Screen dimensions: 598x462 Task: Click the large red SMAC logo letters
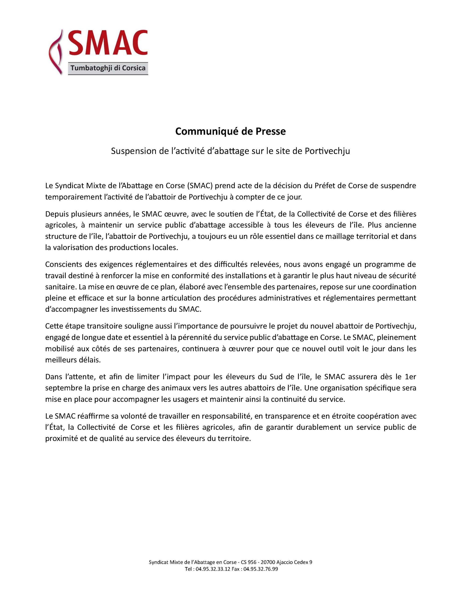(x=108, y=43)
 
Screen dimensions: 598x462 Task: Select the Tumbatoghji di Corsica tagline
(x=108, y=68)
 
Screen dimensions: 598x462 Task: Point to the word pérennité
(x=194, y=337)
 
